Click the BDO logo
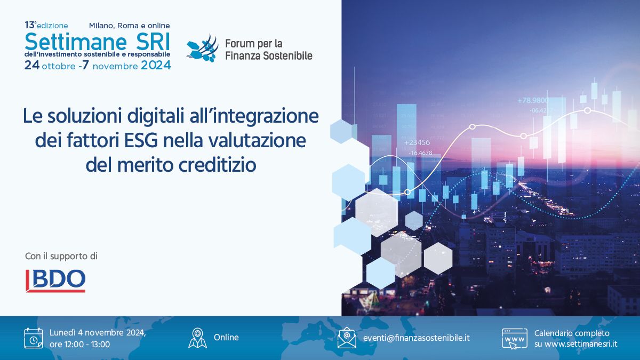point(55,281)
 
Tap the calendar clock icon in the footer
point(34,338)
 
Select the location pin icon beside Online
point(197,338)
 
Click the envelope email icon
point(347,338)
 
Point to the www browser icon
point(514,339)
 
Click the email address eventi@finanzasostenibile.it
point(417,338)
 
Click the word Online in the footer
point(226,338)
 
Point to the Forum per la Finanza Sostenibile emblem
point(203,48)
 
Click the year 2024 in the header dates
point(156,66)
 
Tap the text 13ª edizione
point(46,26)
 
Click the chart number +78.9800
point(533,101)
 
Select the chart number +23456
point(417,142)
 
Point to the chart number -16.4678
point(421,153)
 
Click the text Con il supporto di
point(61,257)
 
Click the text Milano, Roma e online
point(130,26)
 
